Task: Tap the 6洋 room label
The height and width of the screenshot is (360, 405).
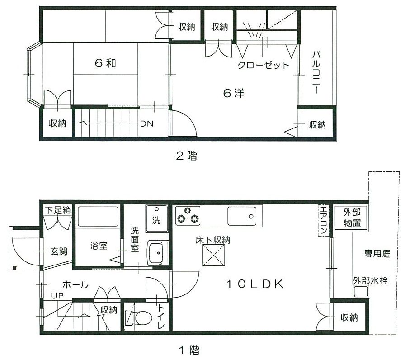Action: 234,94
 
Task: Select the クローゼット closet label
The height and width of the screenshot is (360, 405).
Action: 264,65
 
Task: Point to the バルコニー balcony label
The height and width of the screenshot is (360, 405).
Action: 316,72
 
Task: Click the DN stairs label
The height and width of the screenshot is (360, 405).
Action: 146,123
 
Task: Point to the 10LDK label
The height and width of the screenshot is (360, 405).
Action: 254,284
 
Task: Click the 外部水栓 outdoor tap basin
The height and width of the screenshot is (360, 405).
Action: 361,292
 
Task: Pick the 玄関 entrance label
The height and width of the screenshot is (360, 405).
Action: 59,251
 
